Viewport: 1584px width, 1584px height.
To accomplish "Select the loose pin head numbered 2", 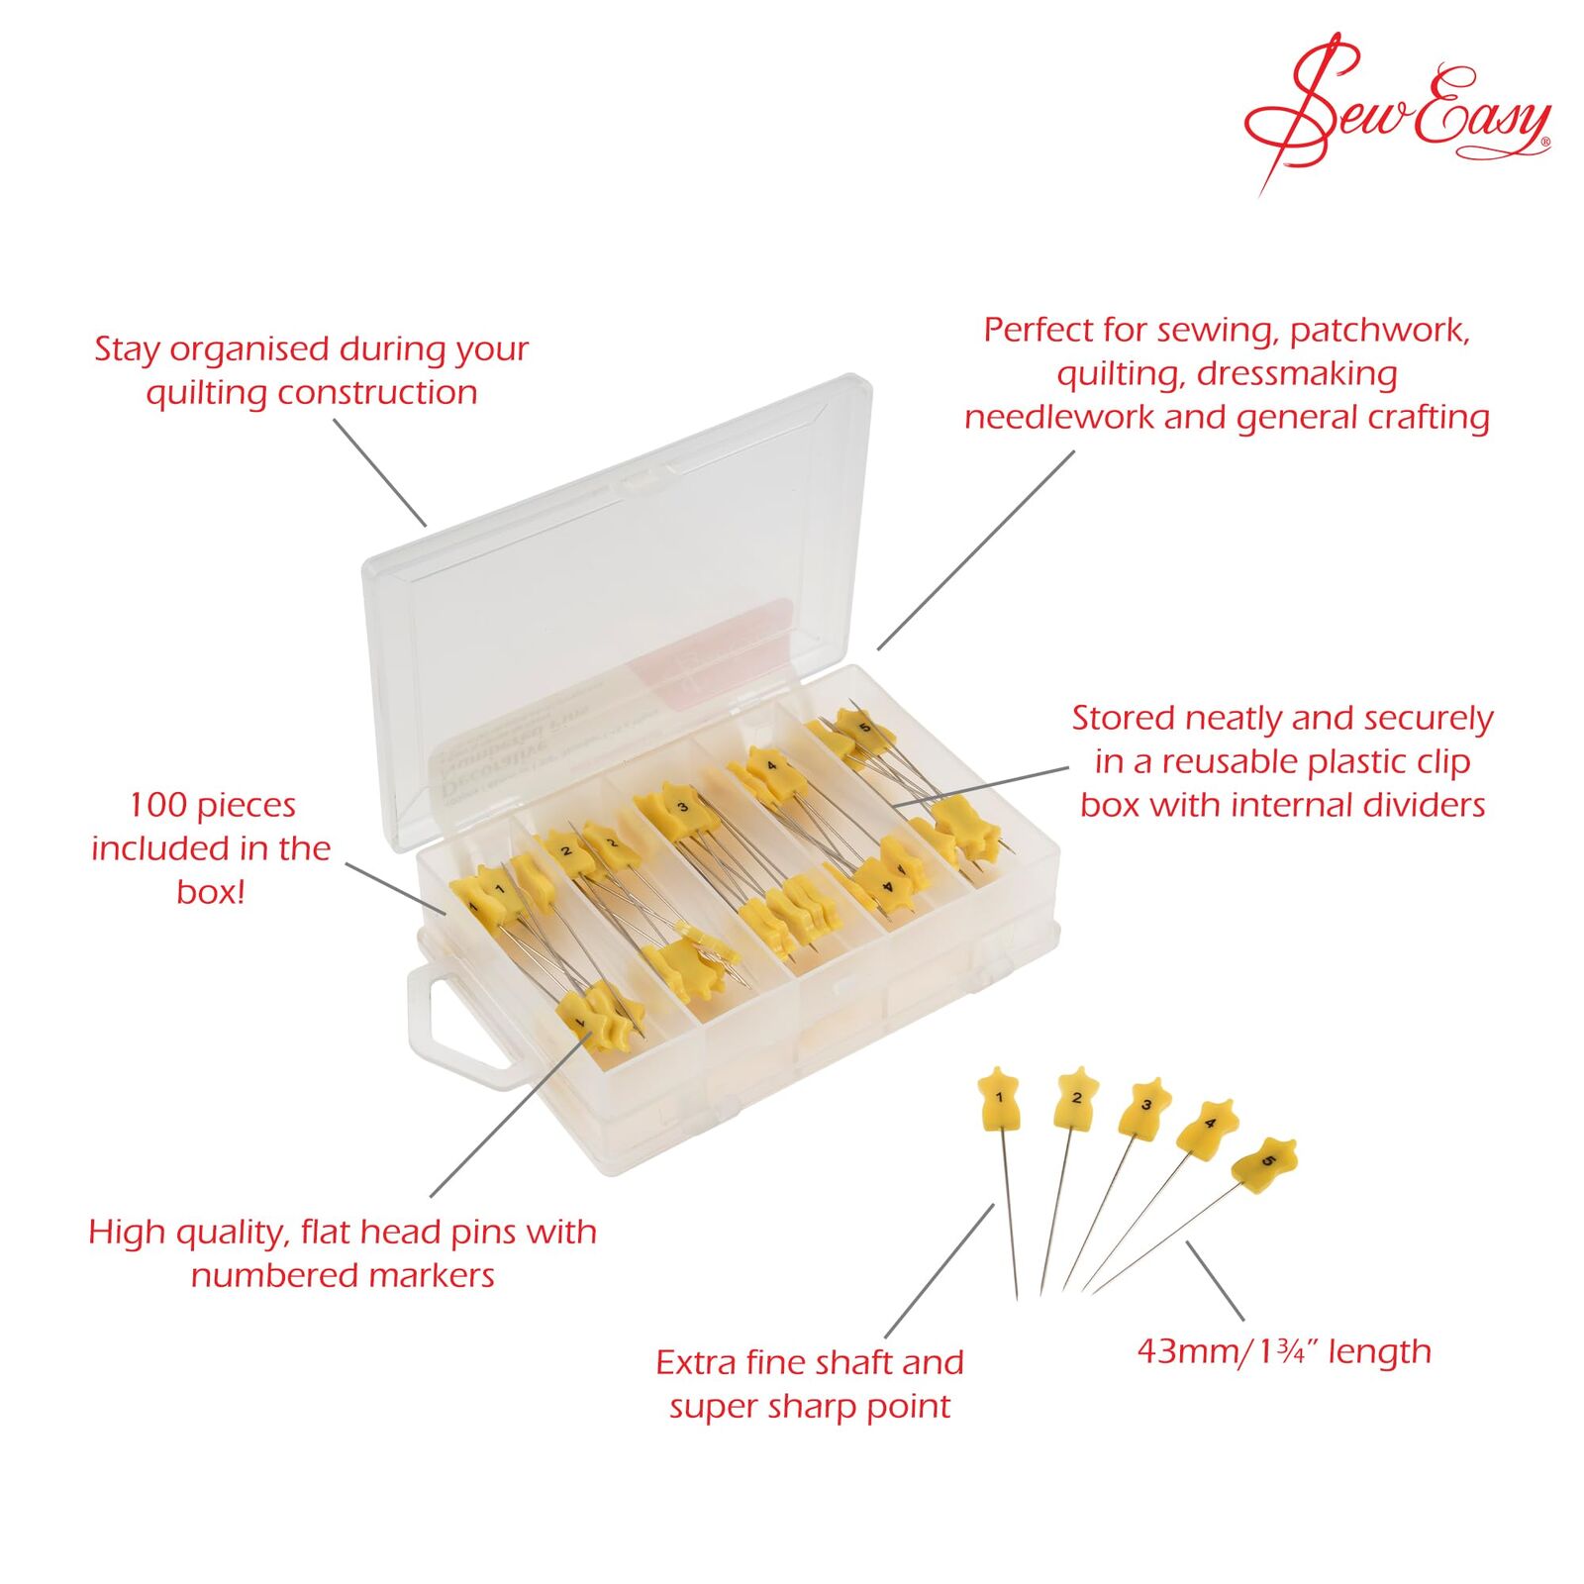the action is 1076,1098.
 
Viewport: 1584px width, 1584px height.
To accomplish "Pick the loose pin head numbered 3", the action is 1145,1107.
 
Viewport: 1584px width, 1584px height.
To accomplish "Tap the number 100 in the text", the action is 159,806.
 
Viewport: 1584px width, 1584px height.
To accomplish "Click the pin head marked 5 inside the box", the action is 864,728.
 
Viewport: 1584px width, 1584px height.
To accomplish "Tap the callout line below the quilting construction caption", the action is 380,472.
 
